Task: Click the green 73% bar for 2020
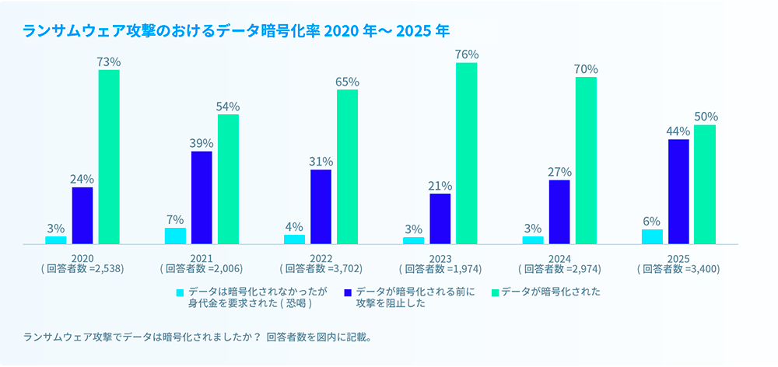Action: [x=109, y=156]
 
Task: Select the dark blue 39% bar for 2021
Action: [x=202, y=197]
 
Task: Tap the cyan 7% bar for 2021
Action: [x=175, y=236]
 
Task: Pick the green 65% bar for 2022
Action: [x=348, y=166]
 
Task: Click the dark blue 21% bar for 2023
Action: [x=440, y=218]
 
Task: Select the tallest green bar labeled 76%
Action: [x=467, y=153]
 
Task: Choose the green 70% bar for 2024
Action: [x=586, y=160]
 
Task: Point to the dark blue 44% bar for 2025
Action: [x=678, y=191]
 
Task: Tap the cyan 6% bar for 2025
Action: [x=653, y=236]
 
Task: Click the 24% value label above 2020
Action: [x=82, y=179]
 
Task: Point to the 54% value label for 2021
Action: [x=228, y=107]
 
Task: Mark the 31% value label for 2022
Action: [x=321, y=162]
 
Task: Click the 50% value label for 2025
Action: [x=706, y=117]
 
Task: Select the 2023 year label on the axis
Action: [x=440, y=258]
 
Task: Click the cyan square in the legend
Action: [x=180, y=292]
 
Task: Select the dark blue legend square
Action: [x=348, y=292]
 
